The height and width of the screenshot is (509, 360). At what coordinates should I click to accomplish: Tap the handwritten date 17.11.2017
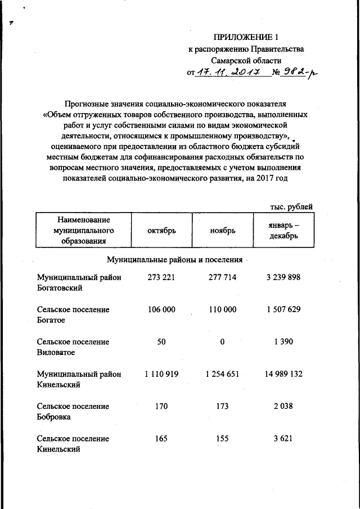[231, 72]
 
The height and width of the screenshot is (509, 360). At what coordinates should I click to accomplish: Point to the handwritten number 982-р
[295, 72]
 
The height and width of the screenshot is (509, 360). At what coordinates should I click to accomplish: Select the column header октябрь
[162, 230]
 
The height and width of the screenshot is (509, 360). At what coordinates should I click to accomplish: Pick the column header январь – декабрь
[283, 230]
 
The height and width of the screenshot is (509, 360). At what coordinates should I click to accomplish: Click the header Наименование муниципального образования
[83, 230]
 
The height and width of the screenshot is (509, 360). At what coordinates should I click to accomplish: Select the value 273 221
[162, 277]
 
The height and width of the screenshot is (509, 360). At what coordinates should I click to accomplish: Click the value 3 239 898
[283, 277]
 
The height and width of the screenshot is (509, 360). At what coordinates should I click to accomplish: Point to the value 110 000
[222, 309]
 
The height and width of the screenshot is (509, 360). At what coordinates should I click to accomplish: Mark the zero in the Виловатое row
[222, 342]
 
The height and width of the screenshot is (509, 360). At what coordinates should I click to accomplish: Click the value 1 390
[283, 342]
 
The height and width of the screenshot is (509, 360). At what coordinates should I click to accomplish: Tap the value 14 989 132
[283, 374]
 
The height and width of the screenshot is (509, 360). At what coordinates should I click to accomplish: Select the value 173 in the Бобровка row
[222, 406]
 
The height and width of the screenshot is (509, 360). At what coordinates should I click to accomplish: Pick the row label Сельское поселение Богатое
[73, 315]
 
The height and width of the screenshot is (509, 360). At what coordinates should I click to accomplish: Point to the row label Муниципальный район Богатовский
[80, 282]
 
